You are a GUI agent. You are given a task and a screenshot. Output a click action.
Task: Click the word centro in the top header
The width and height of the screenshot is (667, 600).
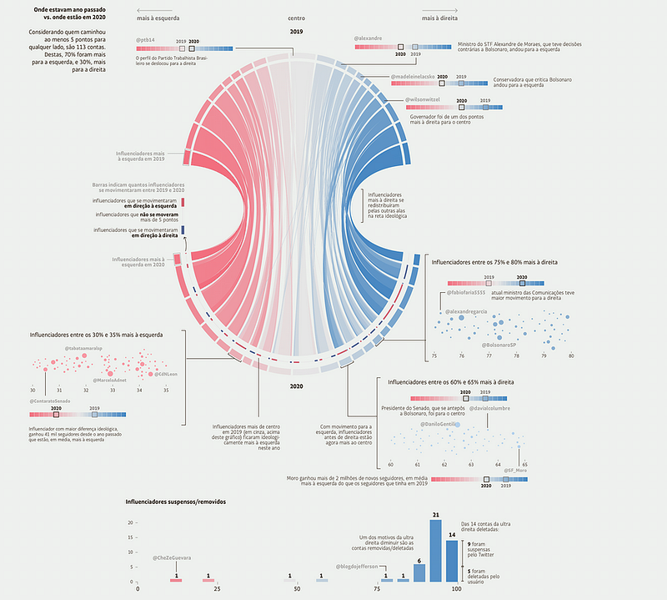click(x=296, y=17)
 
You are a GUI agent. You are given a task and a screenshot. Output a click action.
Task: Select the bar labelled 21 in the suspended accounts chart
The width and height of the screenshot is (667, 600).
click(x=435, y=550)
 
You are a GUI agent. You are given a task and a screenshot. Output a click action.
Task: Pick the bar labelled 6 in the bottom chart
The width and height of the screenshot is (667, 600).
click(x=419, y=572)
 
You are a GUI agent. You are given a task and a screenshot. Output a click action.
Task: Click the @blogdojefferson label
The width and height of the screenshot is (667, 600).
click(x=362, y=567)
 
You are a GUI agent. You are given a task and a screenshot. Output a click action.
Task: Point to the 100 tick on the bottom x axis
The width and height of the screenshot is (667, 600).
click(x=456, y=589)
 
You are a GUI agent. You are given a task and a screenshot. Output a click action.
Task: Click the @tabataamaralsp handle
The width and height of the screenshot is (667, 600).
click(x=83, y=347)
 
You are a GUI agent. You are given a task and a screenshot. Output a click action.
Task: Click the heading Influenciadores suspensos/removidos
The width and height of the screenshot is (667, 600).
click(x=175, y=502)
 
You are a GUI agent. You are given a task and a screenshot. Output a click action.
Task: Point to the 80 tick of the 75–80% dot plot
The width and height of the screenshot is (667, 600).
click(x=571, y=356)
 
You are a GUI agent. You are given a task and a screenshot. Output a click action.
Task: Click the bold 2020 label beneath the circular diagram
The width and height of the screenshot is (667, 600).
click(x=296, y=387)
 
